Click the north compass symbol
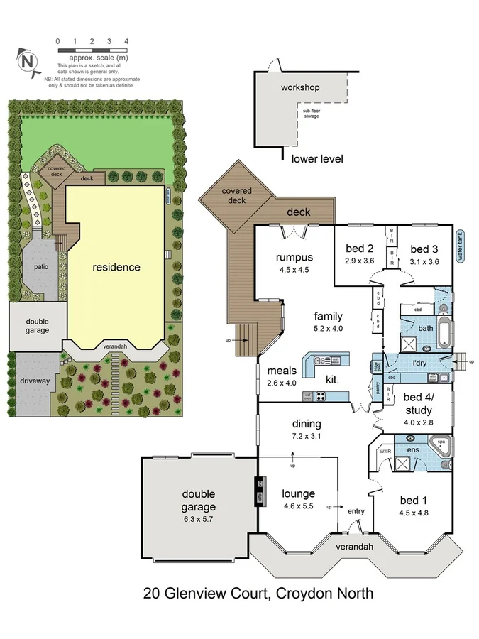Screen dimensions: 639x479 (28, 62)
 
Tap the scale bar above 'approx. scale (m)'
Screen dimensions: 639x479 (92, 50)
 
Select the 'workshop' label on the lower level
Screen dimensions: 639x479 (300, 88)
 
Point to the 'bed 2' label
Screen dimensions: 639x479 (359, 248)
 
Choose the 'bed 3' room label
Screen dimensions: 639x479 (424, 248)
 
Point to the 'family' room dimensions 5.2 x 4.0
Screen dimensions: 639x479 (329, 329)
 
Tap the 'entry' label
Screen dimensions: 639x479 (356, 510)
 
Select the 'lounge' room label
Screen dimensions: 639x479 (298, 493)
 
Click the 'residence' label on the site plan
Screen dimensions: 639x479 (116, 268)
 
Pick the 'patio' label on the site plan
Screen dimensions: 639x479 (40, 267)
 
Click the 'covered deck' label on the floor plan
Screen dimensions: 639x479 (236, 196)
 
